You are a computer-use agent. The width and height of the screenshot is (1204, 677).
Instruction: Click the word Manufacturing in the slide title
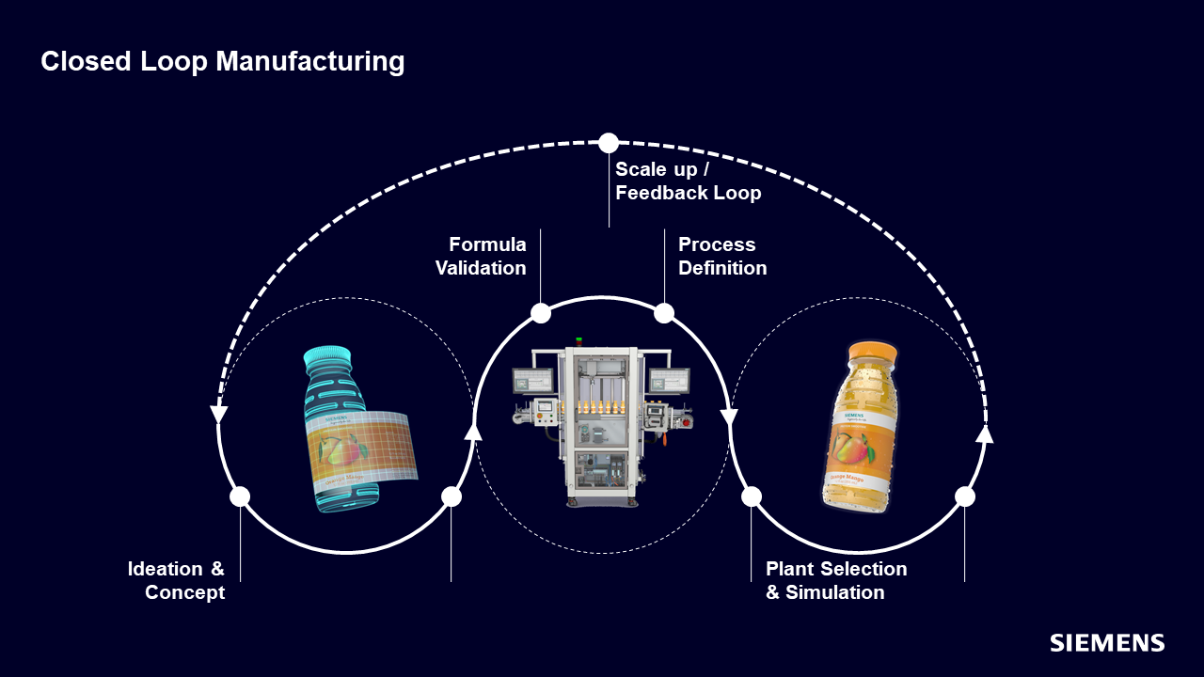[310, 62]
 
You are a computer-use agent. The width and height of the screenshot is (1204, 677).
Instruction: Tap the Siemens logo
[1107, 643]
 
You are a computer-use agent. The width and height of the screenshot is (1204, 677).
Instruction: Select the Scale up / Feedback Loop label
[688, 181]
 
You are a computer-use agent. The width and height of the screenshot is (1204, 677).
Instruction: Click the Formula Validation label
[481, 256]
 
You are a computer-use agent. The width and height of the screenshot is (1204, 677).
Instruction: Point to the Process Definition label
[721, 256]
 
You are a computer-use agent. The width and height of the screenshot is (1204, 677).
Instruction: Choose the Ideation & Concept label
[177, 580]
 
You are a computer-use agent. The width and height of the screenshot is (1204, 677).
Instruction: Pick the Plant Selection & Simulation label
[835, 580]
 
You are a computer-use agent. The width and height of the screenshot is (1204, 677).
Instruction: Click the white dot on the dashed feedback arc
[609, 143]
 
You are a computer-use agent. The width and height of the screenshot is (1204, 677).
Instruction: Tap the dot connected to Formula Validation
[541, 313]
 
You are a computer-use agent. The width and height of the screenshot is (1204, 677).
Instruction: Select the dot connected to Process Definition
[664, 313]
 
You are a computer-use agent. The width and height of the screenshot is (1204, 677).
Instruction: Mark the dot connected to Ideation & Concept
[240, 496]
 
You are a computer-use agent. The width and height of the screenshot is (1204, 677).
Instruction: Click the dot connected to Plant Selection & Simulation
[752, 496]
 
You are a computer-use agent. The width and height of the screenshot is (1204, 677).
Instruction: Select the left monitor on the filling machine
[533, 381]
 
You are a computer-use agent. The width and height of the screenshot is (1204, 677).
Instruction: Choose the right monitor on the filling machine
[669, 381]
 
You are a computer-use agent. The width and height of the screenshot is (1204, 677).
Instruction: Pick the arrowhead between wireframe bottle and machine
[473, 431]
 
